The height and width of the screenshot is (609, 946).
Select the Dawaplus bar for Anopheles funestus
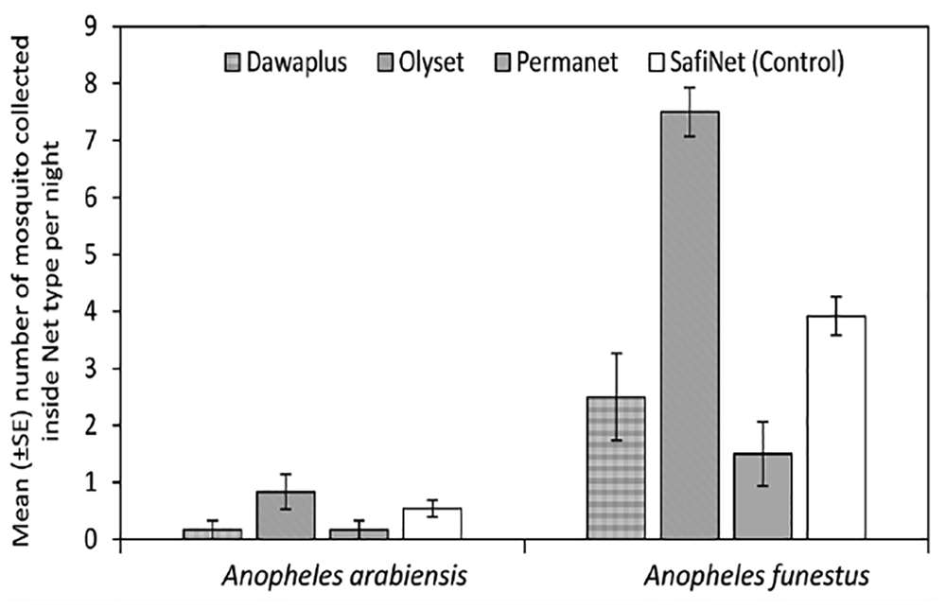616,468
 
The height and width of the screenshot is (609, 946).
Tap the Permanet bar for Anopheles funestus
763,496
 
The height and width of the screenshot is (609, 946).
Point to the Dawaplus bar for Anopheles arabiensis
212,533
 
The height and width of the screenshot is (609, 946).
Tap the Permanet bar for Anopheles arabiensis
359,533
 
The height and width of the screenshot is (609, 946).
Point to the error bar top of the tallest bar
690,88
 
